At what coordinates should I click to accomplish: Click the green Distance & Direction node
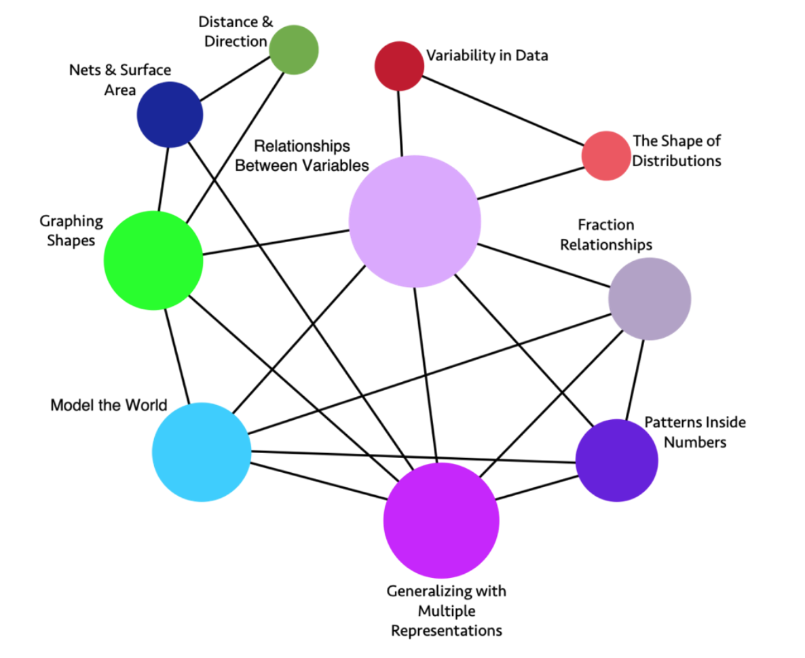(x=293, y=50)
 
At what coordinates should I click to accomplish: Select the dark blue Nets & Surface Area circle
(x=170, y=114)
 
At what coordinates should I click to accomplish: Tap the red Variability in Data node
(x=400, y=66)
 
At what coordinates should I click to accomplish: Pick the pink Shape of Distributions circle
(x=605, y=156)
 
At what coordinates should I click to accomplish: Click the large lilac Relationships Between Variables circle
(x=415, y=220)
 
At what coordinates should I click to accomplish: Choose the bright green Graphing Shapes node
(x=153, y=260)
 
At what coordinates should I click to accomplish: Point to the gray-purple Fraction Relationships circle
(x=650, y=298)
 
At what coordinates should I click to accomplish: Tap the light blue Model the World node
(x=202, y=452)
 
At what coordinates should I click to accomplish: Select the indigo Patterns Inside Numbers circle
(x=616, y=461)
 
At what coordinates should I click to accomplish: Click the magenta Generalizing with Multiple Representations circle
(x=441, y=520)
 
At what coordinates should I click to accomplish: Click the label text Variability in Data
(x=487, y=56)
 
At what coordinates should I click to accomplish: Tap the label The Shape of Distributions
(x=676, y=151)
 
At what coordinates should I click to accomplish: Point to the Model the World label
(x=109, y=405)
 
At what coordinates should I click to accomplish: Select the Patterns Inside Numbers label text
(x=694, y=432)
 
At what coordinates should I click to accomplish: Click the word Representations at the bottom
(x=447, y=630)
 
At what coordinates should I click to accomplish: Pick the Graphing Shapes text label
(x=71, y=231)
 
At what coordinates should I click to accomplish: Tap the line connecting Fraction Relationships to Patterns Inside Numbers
(x=635, y=380)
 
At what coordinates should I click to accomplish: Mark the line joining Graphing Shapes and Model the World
(x=177, y=356)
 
